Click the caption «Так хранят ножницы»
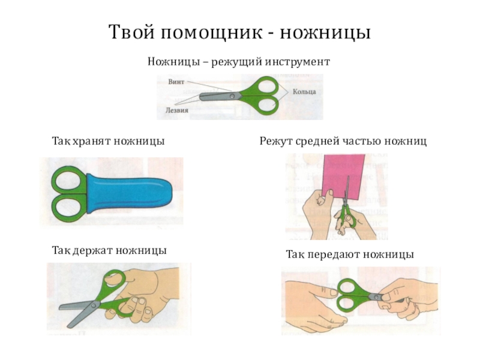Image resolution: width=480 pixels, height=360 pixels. click(109, 142)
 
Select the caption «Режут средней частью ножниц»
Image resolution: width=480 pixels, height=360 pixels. click(343, 142)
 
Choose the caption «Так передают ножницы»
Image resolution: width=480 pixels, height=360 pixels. click(350, 255)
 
